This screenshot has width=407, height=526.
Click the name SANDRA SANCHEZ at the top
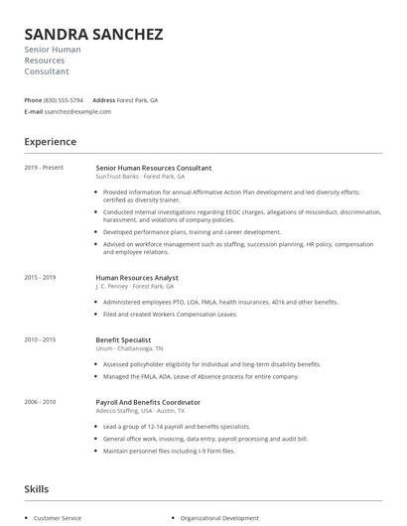click(94, 34)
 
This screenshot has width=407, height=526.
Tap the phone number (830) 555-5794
click(64, 100)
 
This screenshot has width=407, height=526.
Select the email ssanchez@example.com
click(77, 112)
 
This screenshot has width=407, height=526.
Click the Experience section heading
click(51, 142)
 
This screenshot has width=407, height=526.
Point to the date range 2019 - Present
click(44, 168)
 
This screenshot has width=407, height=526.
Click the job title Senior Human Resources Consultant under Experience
click(153, 168)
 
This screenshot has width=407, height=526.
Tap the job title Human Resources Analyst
click(137, 278)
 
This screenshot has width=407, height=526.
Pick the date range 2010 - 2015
click(41, 340)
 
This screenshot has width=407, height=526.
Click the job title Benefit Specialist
click(124, 340)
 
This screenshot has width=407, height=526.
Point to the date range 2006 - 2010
click(41, 402)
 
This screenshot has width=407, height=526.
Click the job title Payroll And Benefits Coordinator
click(148, 402)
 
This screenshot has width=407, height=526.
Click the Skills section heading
click(37, 489)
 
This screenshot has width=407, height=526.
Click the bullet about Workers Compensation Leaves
click(170, 315)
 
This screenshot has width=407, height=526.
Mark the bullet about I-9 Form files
click(169, 451)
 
